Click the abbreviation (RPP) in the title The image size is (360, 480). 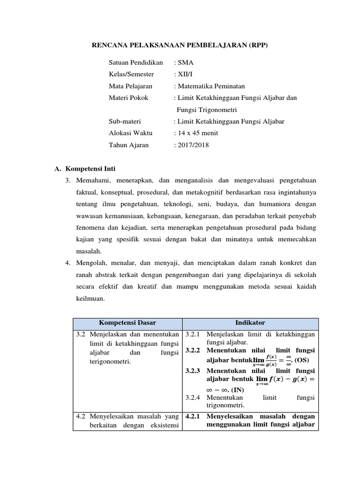point(259,45)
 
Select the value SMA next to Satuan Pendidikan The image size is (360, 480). point(184,62)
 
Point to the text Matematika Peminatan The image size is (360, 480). point(211,86)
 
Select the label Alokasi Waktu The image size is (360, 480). point(127,133)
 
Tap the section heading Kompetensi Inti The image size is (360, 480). point(90,168)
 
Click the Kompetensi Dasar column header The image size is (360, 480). point(127,323)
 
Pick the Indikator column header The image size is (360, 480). point(250,323)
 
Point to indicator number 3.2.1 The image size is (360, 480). point(193,335)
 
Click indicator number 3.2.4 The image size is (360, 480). point(193,397)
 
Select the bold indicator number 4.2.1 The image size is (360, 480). point(193,416)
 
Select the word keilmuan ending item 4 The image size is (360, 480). point(90,298)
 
